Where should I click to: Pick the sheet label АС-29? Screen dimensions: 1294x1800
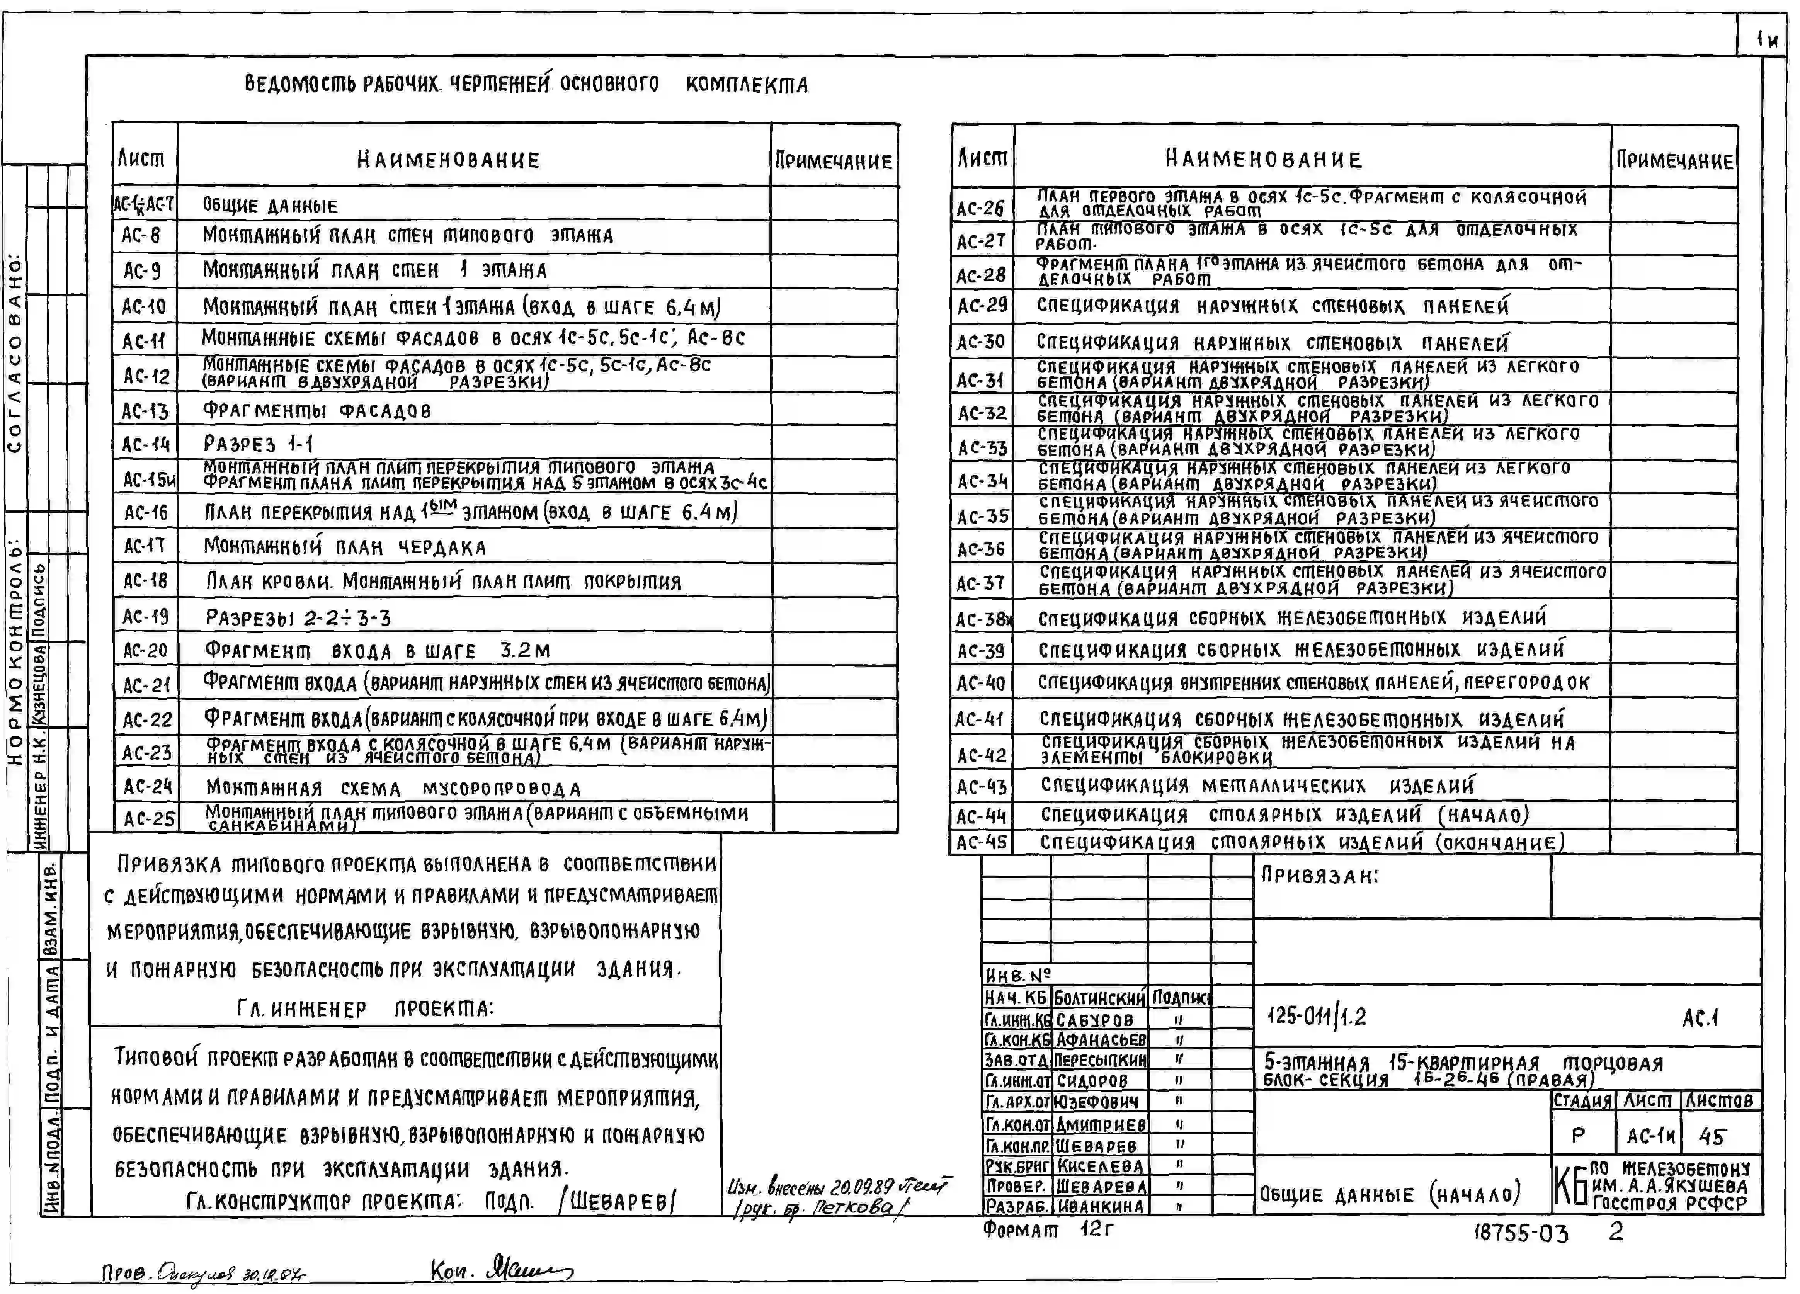click(x=981, y=306)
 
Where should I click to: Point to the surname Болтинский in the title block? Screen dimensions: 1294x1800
click(x=1099, y=997)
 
